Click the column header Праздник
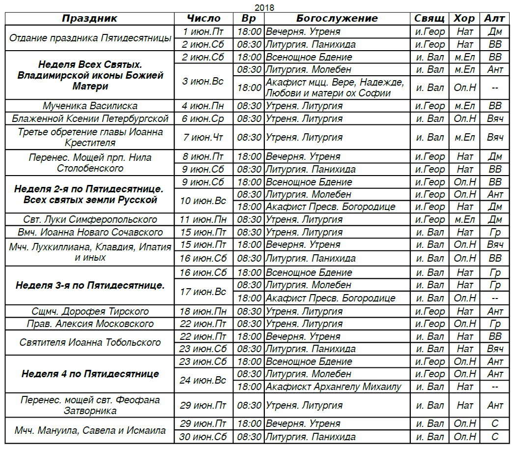pyautogui.click(x=90, y=19)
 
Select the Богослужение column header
pyautogui.click(x=337, y=19)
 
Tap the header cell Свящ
pyautogui.click(x=429, y=19)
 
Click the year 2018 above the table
pyautogui.click(x=264, y=7)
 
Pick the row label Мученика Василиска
pyautogui.click(x=90, y=106)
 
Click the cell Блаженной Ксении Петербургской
pyautogui.click(x=90, y=119)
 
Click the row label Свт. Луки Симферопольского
pyautogui.click(x=90, y=219)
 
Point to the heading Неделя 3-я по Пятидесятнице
pyautogui.click(x=90, y=285)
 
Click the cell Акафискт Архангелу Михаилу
pyautogui.click(x=334, y=387)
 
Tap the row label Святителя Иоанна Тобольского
pyautogui.click(x=90, y=342)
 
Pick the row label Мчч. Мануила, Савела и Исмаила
pyautogui.click(x=90, y=430)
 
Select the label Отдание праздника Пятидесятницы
pyautogui.click(x=90, y=38)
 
